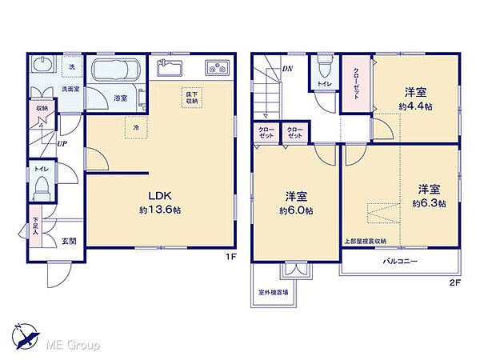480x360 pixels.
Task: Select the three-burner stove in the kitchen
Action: (x=217, y=67)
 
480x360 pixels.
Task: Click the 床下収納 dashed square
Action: (x=192, y=98)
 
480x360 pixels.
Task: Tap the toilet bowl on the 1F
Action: (x=43, y=189)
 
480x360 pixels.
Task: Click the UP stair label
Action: (x=62, y=143)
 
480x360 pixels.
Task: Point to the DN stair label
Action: (x=287, y=69)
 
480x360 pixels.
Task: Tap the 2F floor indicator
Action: (x=455, y=282)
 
